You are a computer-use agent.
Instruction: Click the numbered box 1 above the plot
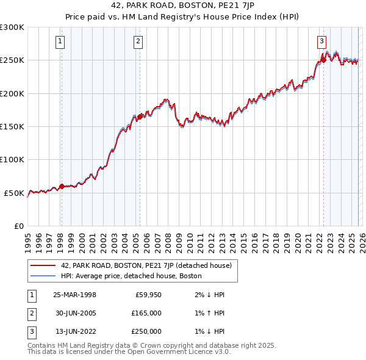point(61,41)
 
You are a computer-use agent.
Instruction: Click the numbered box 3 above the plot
point(321,41)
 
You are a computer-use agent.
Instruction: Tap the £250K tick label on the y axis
point(12,60)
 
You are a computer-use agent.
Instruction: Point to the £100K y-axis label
point(12,160)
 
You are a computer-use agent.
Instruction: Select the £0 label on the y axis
point(18,226)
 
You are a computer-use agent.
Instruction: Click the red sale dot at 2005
point(140,117)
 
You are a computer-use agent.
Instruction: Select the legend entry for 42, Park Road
point(146,265)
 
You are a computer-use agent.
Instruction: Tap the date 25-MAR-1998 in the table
point(74,295)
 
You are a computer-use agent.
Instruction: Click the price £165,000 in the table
point(146,313)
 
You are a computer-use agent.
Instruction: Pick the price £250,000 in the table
point(146,331)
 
